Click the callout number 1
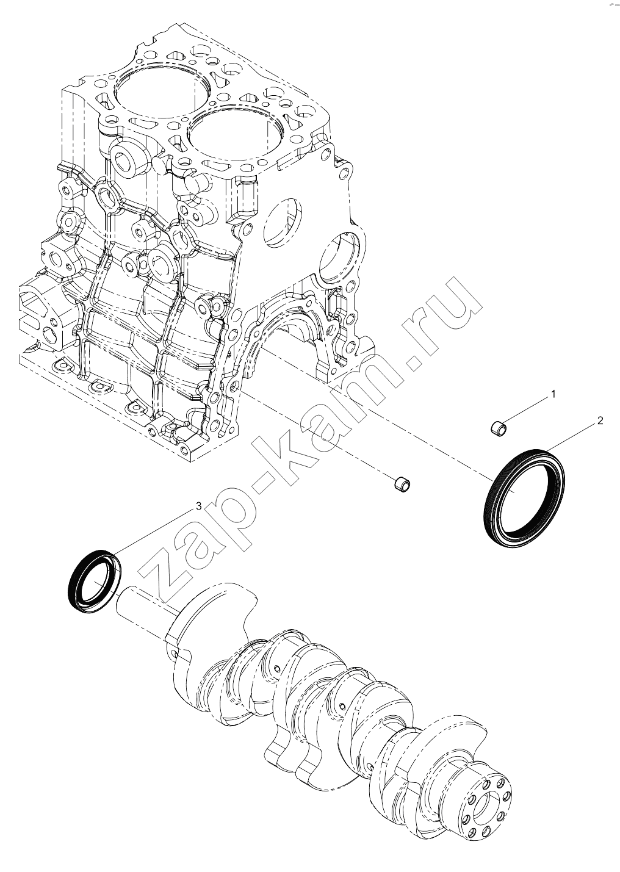(553, 394)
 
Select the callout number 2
(600, 420)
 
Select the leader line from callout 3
(155, 531)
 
